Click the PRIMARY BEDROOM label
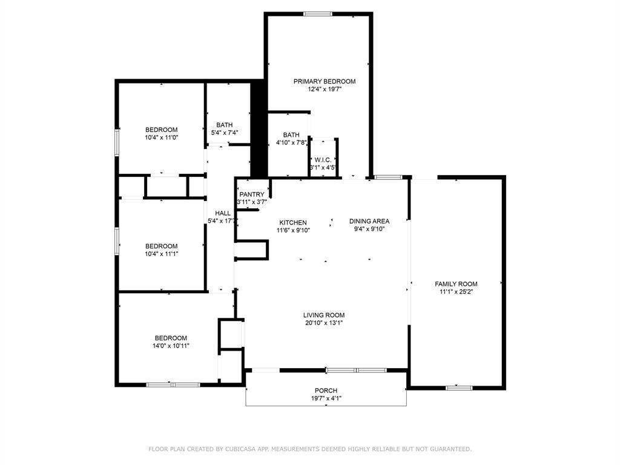pos(325,81)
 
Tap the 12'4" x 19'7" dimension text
pos(325,89)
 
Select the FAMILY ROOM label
pos(456,284)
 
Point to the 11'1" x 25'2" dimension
pos(456,292)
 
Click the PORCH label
pos(326,391)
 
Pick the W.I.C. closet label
pos(322,160)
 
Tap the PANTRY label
pos(252,194)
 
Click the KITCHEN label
pos(292,223)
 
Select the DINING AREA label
pos(369,221)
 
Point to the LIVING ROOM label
pos(324,315)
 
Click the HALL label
pos(223,213)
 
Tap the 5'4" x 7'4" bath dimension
pos(224,133)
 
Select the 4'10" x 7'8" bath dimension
pos(291,143)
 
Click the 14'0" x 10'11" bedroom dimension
pos(171,346)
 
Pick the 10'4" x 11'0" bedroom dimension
pos(161,137)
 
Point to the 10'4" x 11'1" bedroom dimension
pos(161,254)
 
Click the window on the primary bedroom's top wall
pos(317,14)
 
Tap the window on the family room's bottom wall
pos(459,387)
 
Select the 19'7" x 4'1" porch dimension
pos(326,398)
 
